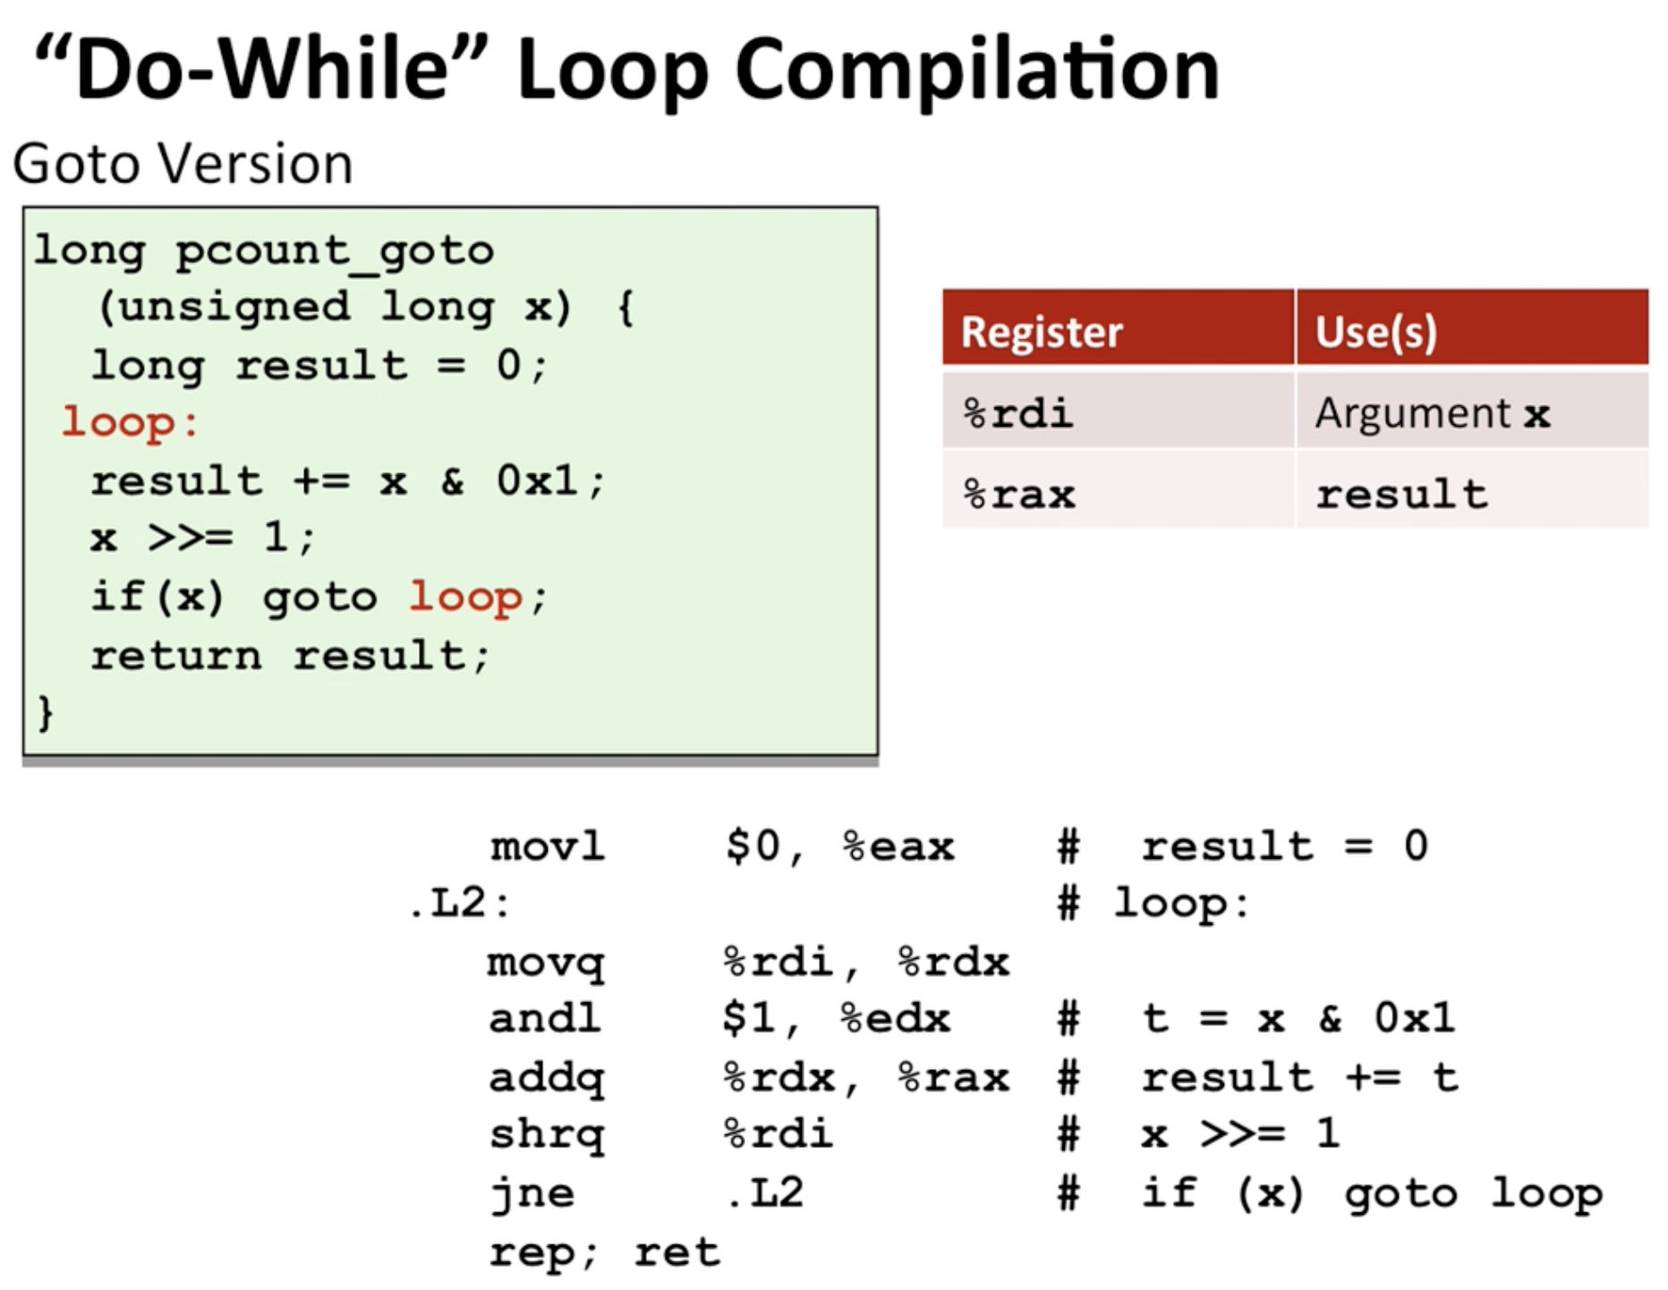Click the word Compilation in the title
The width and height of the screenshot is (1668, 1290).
(x=978, y=72)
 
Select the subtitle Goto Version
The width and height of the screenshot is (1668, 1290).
(x=183, y=164)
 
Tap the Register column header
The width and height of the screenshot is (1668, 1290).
(x=1042, y=332)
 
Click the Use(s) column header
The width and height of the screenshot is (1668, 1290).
(x=1376, y=332)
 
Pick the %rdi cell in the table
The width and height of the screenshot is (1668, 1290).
(x=1018, y=413)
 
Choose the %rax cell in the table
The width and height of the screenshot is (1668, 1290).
(x=1018, y=495)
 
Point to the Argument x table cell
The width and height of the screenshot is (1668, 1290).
(x=1432, y=413)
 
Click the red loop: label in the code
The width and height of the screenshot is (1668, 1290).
(x=130, y=423)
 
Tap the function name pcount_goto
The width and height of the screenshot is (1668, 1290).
(x=335, y=251)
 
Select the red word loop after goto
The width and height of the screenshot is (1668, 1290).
(x=465, y=598)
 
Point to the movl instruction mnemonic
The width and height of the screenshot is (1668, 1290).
(x=548, y=846)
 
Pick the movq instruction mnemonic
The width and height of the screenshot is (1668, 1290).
(x=546, y=963)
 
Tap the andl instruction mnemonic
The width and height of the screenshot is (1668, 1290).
(x=545, y=1019)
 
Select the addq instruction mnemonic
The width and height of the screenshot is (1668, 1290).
(x=547, y=1079)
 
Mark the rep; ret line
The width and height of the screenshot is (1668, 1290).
(x=605, y=1252)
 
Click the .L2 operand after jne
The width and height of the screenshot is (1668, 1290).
(x=765, y=1193)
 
